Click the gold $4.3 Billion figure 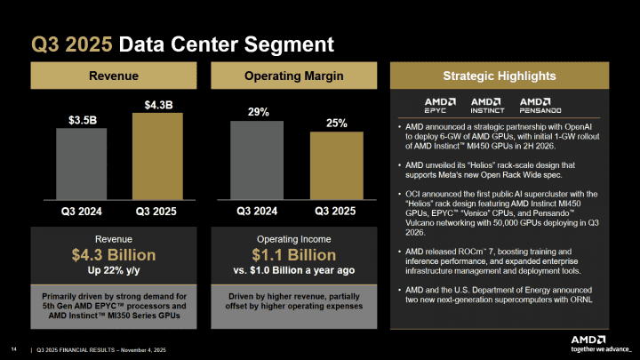(118, 257)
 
